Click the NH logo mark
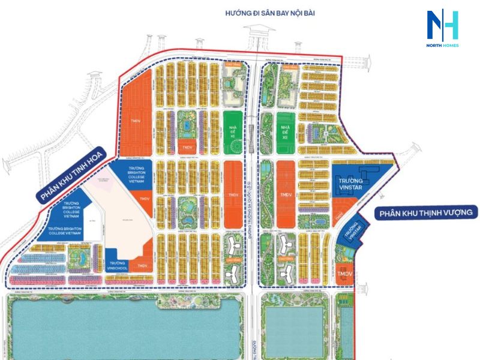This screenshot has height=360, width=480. click(442, 25)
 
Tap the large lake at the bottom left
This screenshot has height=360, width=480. click(123, 327)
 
